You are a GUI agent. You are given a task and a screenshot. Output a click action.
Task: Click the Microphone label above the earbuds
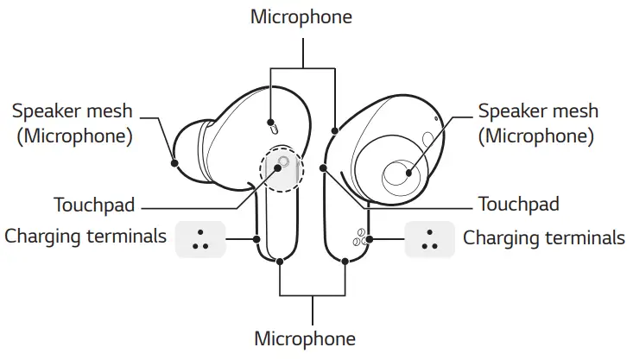301,16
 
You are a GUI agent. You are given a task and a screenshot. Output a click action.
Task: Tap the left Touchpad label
93,205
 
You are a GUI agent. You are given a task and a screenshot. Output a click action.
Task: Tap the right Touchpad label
518,205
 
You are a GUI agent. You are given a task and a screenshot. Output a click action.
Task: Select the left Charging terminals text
85,236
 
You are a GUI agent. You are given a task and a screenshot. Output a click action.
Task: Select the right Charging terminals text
544,237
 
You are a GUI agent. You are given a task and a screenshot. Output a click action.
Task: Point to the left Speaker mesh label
74,111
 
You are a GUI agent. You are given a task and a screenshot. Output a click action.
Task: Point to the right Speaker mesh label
538,111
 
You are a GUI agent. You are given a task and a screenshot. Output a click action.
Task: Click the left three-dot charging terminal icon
200,238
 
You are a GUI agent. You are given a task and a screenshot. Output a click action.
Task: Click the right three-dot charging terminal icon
430,238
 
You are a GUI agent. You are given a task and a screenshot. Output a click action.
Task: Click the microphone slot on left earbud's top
273,129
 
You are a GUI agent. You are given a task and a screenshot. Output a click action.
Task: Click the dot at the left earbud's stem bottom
280,261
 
